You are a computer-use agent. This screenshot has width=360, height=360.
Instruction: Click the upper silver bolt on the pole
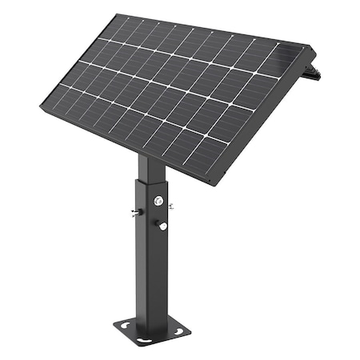(x=159, y=200)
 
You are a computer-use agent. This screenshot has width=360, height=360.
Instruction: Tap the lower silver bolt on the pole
(x=163, y=226)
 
